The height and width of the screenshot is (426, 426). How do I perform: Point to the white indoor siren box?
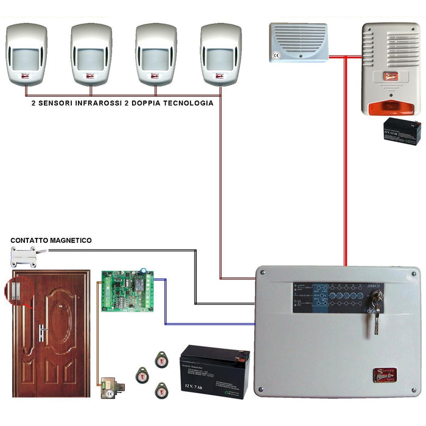click(x=299, y=42)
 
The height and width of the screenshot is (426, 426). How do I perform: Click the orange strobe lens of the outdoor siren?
click(x=392, y=107)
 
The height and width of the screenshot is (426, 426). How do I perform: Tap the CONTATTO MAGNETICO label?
click(x=51, y=241)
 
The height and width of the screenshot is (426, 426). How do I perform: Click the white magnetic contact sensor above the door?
click(x=24, y=256)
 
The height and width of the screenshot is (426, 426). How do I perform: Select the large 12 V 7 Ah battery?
click(x=215, y=372)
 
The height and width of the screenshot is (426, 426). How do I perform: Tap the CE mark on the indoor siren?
click(x=276, y=54)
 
